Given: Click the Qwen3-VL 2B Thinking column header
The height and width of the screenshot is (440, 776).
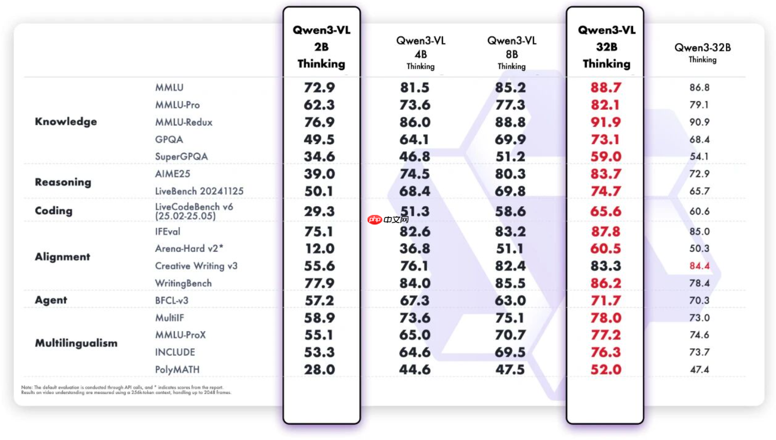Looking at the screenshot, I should (321, 47).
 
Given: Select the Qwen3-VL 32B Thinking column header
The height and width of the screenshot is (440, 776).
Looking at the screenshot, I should (606, 47).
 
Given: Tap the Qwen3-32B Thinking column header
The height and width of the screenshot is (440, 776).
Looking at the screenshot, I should (702, 52).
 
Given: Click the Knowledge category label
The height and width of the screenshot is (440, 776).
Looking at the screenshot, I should (66, 122).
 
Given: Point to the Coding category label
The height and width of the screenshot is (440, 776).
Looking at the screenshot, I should (53, 211).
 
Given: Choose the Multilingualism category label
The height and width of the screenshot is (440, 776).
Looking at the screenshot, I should (76, 343).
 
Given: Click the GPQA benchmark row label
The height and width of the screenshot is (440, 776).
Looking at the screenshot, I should (169, 139).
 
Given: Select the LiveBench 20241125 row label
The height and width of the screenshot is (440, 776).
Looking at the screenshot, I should (199, 191).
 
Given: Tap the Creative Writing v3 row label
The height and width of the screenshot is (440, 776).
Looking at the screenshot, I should (196, 266).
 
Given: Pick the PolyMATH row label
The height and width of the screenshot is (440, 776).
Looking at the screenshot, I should (177, 370).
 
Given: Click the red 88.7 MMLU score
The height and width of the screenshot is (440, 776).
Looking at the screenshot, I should (605, 88).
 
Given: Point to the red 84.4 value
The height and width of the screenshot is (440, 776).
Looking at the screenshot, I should (699, 266).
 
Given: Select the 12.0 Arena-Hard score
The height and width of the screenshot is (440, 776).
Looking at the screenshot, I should (319, 249).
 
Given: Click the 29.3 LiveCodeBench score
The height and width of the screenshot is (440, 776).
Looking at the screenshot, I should (319, 211).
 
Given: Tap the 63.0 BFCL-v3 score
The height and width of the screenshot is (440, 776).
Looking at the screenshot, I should (510, 301).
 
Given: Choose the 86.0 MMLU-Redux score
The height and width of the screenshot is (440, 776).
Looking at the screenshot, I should (415, 123).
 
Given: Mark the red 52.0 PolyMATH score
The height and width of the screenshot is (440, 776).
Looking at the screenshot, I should (605, 370).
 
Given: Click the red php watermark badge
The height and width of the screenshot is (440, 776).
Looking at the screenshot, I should (375, 219).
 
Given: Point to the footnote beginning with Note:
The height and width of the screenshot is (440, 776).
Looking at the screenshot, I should (126, 390).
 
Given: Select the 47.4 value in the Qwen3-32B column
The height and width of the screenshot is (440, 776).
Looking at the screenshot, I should (699, 370).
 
